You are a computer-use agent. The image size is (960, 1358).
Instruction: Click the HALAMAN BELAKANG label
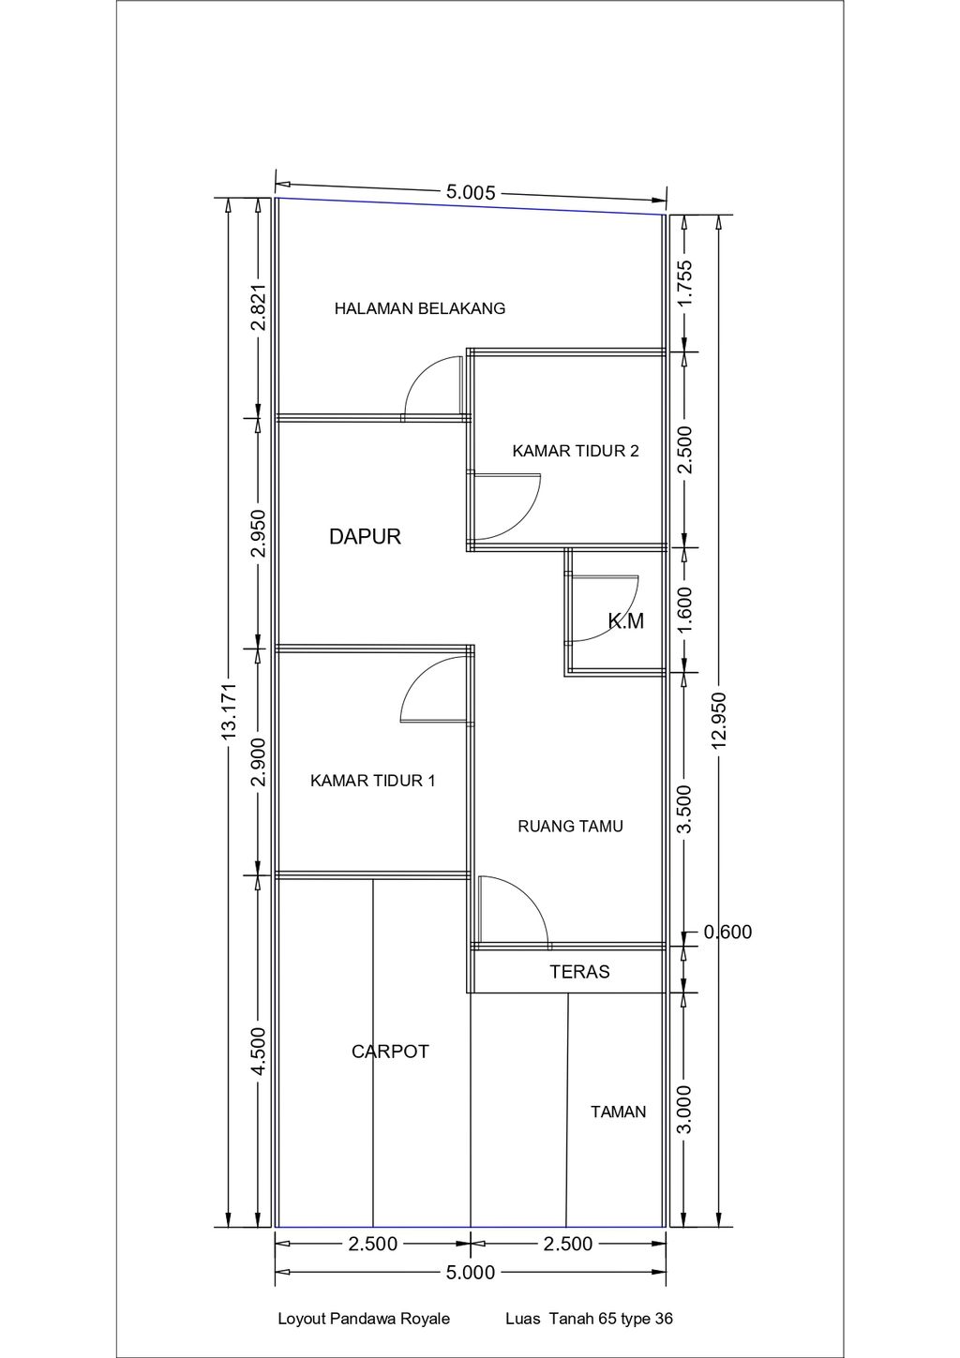420,308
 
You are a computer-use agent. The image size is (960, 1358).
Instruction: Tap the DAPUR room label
365,536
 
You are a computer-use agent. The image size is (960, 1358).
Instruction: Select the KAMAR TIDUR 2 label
576,451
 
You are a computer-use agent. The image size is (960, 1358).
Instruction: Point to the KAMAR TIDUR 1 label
373,781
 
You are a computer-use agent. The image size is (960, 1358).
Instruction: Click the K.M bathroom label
626,620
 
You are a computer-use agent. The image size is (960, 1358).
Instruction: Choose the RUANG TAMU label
570,827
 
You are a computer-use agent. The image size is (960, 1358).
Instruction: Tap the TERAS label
579,972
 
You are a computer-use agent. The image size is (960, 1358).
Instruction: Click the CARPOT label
390,1052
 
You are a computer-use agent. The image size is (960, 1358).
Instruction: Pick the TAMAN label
619,1112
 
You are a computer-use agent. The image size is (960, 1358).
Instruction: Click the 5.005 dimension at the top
471,193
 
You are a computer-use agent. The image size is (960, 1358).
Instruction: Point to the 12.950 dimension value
719,720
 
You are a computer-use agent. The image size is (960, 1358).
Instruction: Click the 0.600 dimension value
727,933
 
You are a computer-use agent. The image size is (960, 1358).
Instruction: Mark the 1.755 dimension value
684,283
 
